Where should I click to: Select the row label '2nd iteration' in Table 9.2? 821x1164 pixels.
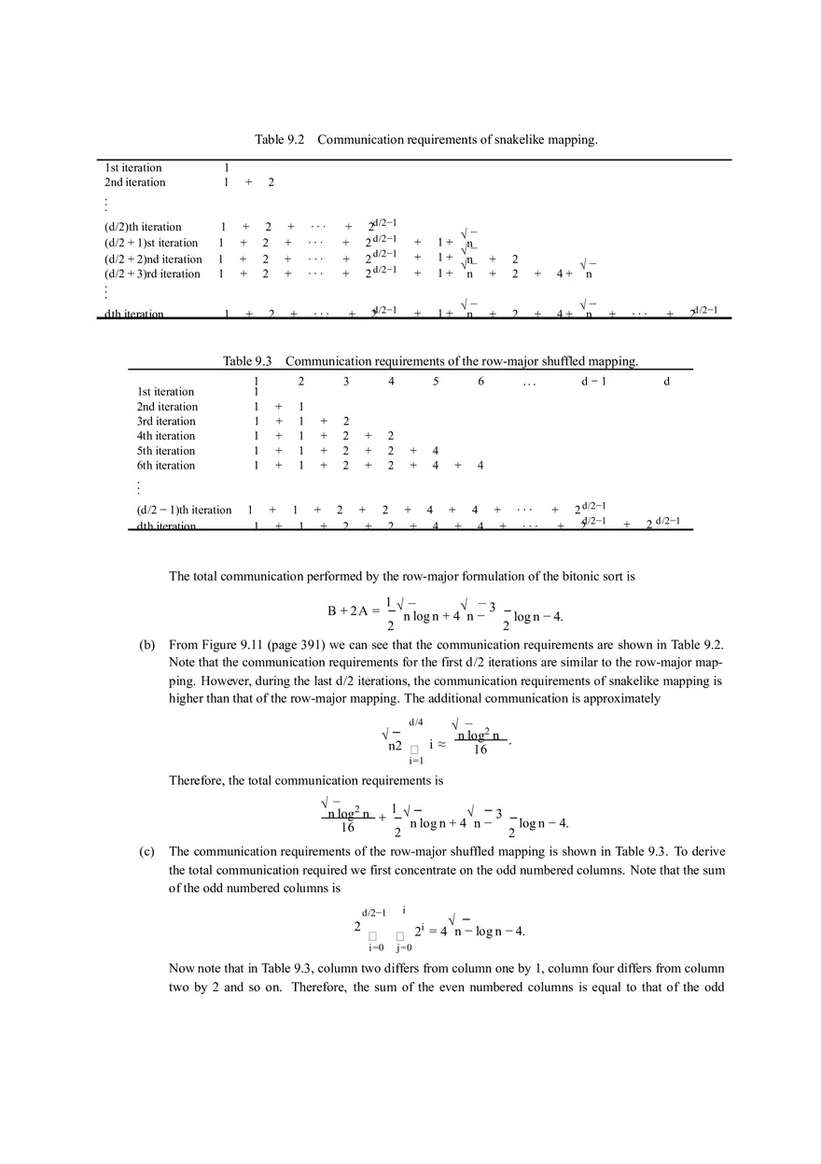(134, 183)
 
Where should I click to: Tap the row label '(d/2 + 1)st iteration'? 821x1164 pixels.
(150, 244)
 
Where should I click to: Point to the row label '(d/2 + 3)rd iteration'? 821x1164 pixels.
(152, 274)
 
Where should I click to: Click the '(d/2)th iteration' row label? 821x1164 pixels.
(143, 228)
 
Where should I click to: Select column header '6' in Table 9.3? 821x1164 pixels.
(480, 382)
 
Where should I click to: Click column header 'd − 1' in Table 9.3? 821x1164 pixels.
(593, 382)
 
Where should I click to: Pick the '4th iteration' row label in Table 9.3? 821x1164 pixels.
(166, 436)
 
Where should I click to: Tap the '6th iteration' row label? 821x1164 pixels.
(166, 466)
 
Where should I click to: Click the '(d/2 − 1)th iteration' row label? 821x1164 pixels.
(184, 511)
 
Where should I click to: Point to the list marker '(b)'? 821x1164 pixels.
(147, 645)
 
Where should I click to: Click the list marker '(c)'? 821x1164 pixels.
(147, 852)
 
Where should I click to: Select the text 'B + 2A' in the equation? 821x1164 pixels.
(347, 611)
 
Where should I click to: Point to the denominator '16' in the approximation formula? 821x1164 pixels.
(480, 750)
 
